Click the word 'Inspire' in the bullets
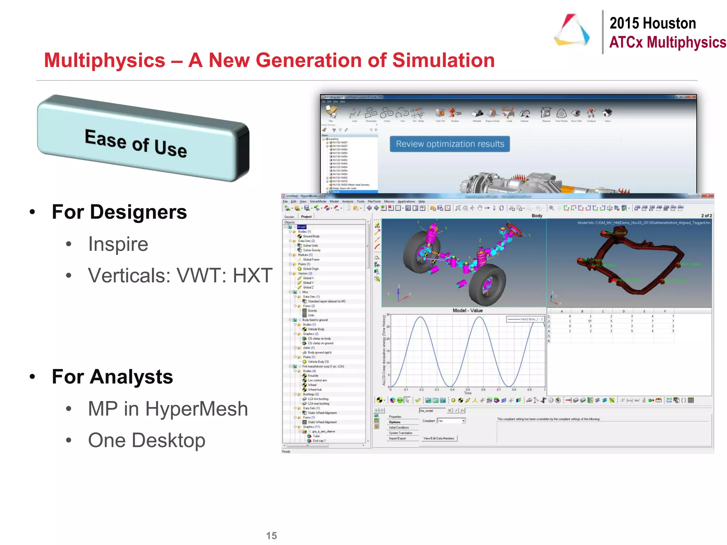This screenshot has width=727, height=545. [x=118, y=244]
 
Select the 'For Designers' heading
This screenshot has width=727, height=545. [x=119, y=212]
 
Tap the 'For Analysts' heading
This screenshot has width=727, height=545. [x=112, y=377]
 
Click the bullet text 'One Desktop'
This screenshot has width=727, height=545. [x=147, y=440]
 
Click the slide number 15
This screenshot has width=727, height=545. [x=271, y=535]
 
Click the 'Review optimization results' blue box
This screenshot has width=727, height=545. [x=450, y=144]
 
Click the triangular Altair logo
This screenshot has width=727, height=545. [x=572, y=30]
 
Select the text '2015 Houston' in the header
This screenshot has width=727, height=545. [x=652, y=23]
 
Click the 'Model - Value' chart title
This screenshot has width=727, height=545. [x=468, y=310]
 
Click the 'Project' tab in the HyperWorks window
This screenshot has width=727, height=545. [x=306, y=216]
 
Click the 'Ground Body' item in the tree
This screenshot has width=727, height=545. [x=311, y=236]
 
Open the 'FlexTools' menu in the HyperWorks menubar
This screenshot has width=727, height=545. [x=374, y=202]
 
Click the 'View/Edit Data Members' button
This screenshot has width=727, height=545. [x=439, y=439]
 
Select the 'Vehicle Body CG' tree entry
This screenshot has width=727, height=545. [x=318, y=362]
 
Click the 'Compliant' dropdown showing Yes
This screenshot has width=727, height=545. [x=451, y=421]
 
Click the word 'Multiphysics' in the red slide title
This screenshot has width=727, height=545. [x=105, y=60]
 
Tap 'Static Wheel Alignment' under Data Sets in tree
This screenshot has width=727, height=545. [x=322, y=413]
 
